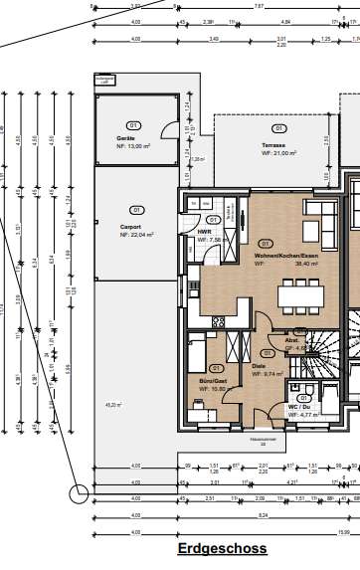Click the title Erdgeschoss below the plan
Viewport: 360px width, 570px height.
pos(221,548)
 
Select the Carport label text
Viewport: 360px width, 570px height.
pos(130,224)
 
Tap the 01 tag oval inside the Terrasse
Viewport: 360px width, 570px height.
pos(279,129)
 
